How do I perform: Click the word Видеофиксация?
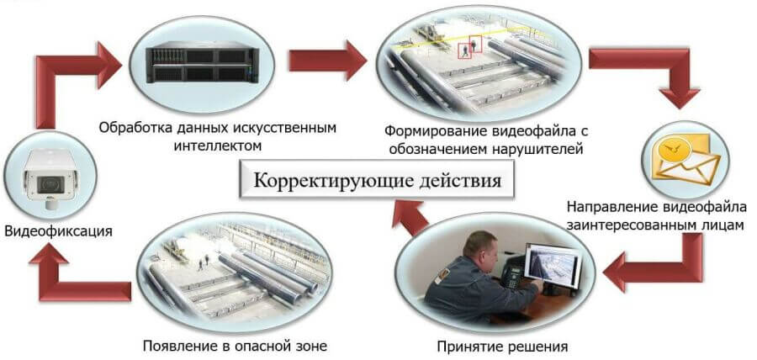pyautogui.click(x=58, y=231)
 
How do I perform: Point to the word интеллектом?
pyautogui.click(x=217, y=146)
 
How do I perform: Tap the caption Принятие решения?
pyautogui.click(x=502, y=347)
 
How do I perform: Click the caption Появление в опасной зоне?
pyautogui.click(x=235, y=346)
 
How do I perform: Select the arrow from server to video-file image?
pyautogui.click(x=328, y=61)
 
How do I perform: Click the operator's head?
pyautogui.click(x=479, y=246)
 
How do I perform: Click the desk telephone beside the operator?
pyautogui.click(x=512, y=276)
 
